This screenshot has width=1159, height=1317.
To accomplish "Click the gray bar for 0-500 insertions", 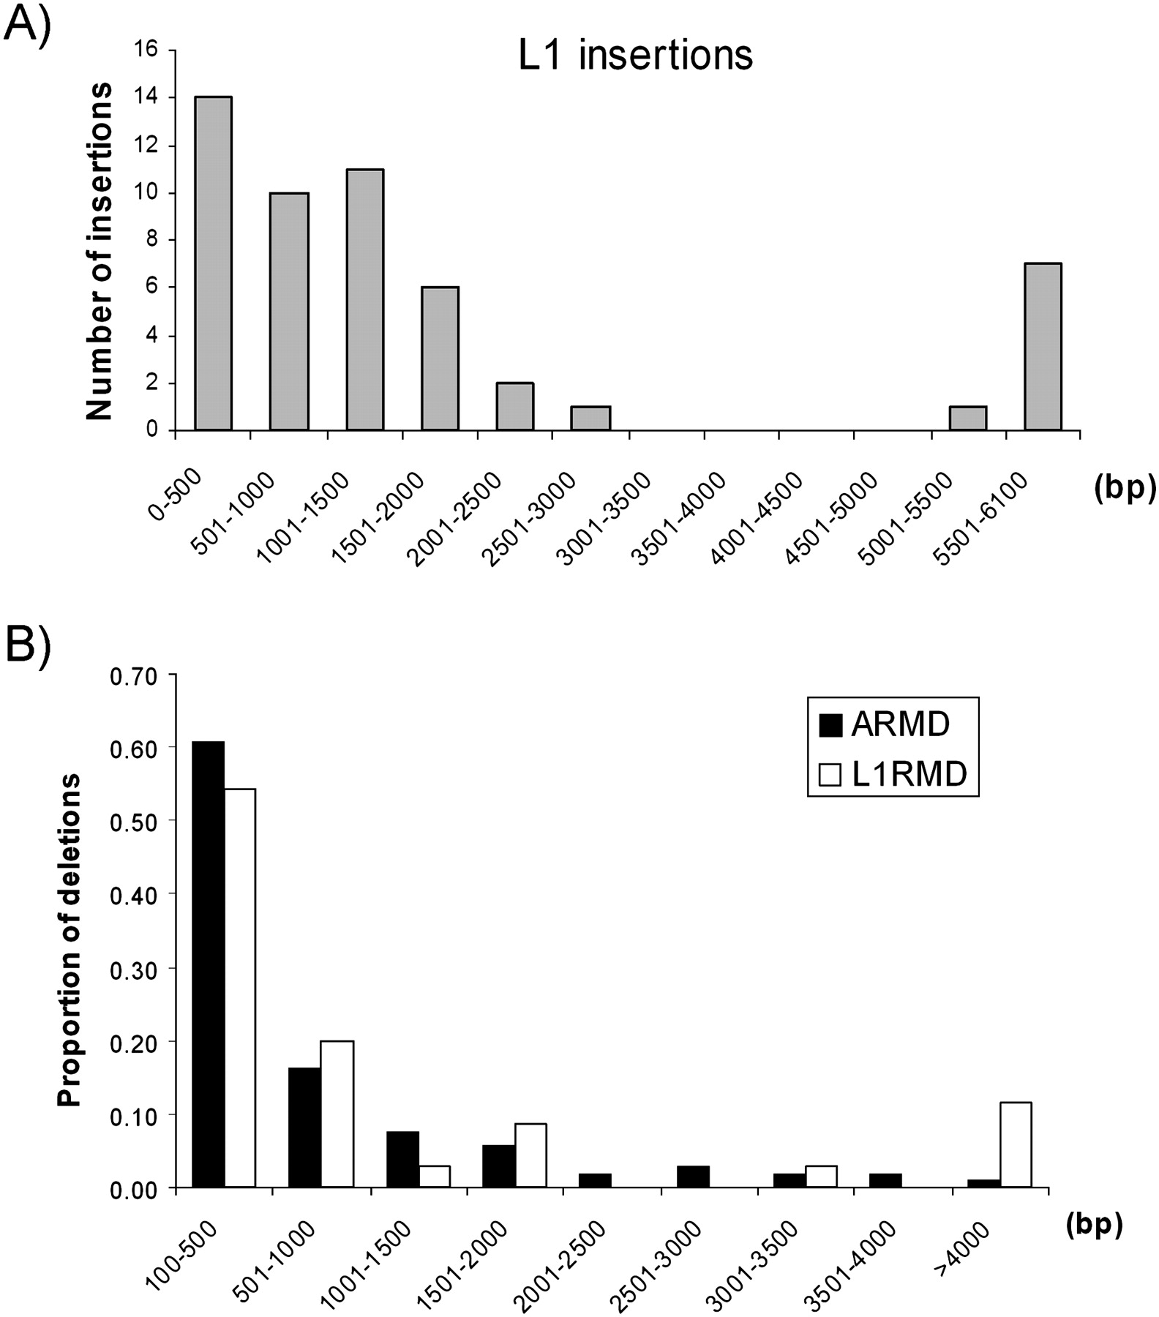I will point(213,263).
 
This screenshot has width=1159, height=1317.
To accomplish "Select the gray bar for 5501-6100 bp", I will point(1043,346).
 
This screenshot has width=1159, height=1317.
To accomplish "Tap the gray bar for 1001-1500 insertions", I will point(365,299).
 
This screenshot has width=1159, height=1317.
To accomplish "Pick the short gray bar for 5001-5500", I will point(967,418).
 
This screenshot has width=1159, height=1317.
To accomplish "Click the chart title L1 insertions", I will point(635,56).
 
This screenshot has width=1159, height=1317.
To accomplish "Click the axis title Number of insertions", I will point(100,250).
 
